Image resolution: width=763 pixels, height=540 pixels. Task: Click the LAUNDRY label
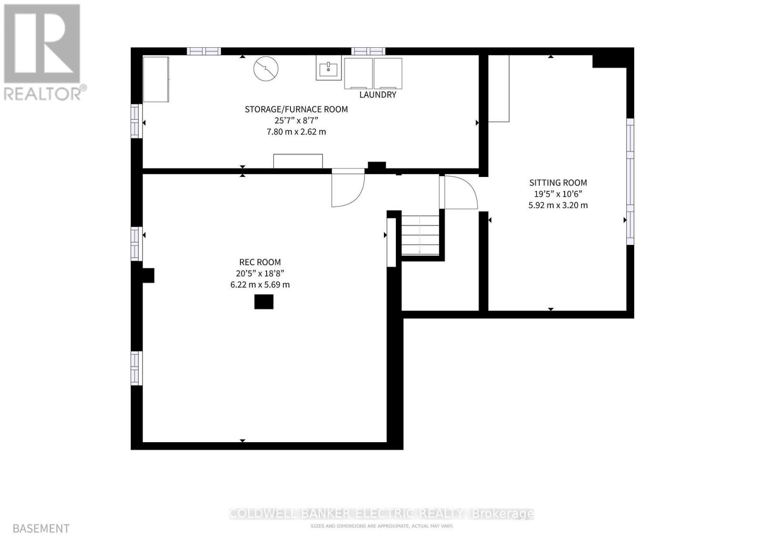pyautogui.click(x=378, y=94)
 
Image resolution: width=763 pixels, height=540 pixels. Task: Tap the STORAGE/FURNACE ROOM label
pyautogui.click(x=296, y=109)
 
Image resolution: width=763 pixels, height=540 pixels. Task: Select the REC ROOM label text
pyautogui.click(x=260, y=262)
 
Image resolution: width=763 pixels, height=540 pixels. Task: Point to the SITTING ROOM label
pyautogui.click(x=558, y=183)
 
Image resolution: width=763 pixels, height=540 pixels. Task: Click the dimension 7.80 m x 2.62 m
pyautogui.click(x=296, y=132)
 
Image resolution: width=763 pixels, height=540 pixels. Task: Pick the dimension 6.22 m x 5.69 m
pyautogui.click(x=260, y=285)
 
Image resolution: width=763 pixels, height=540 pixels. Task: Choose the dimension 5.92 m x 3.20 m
pyautogui.click(x=558, y=206)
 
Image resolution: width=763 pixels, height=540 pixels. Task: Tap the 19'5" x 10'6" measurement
pyautogui.click(x=558, y=194)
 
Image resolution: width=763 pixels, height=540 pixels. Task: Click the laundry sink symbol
pyautogui.click(x=328, y=68)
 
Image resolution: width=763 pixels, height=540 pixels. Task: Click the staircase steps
pyautogui.click(x=420, y=235)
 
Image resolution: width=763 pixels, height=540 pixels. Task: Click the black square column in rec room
pyautogui.click(x=264, y=301)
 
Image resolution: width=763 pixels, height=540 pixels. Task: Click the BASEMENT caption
pyautogui.click(x=41, y=529)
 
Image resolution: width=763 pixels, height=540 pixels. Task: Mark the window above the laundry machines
pyautogui.click(x=369, y=52)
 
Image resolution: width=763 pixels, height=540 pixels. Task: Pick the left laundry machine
pyautogui.click(x=358, y=73)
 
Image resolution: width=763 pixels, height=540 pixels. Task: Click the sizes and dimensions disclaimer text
pyautogui.click(x=381, y=526)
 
